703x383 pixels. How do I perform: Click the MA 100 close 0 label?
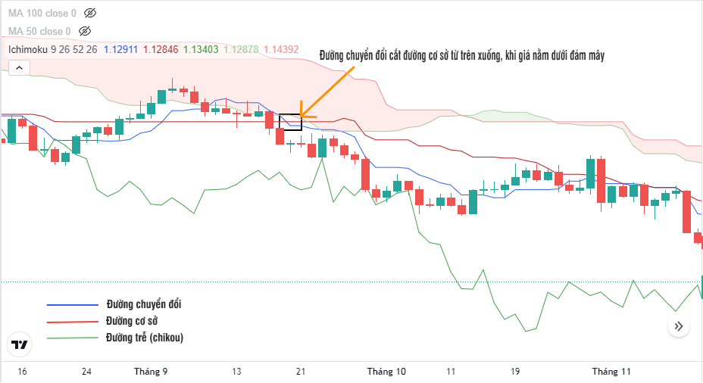(42, 13)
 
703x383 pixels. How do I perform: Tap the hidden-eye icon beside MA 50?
(85, 31)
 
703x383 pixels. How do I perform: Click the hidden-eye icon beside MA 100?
(90, 13)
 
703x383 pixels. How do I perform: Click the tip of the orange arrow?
(301, 117)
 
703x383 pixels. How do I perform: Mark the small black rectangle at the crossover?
(290, 121)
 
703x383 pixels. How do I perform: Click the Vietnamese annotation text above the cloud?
(461, 54)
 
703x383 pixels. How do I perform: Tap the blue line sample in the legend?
(73, 305)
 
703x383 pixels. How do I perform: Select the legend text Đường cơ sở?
(137, 321)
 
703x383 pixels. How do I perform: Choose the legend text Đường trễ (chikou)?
(145, 337)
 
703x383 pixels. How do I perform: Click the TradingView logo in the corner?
(20, 344)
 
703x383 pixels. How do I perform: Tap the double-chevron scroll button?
(679, 326)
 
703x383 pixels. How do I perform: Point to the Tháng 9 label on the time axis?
(150, 372)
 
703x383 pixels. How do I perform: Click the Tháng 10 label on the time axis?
(386, 372)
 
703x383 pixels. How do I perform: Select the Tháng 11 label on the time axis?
(611, 372)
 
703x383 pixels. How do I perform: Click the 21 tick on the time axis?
(301, 372)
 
